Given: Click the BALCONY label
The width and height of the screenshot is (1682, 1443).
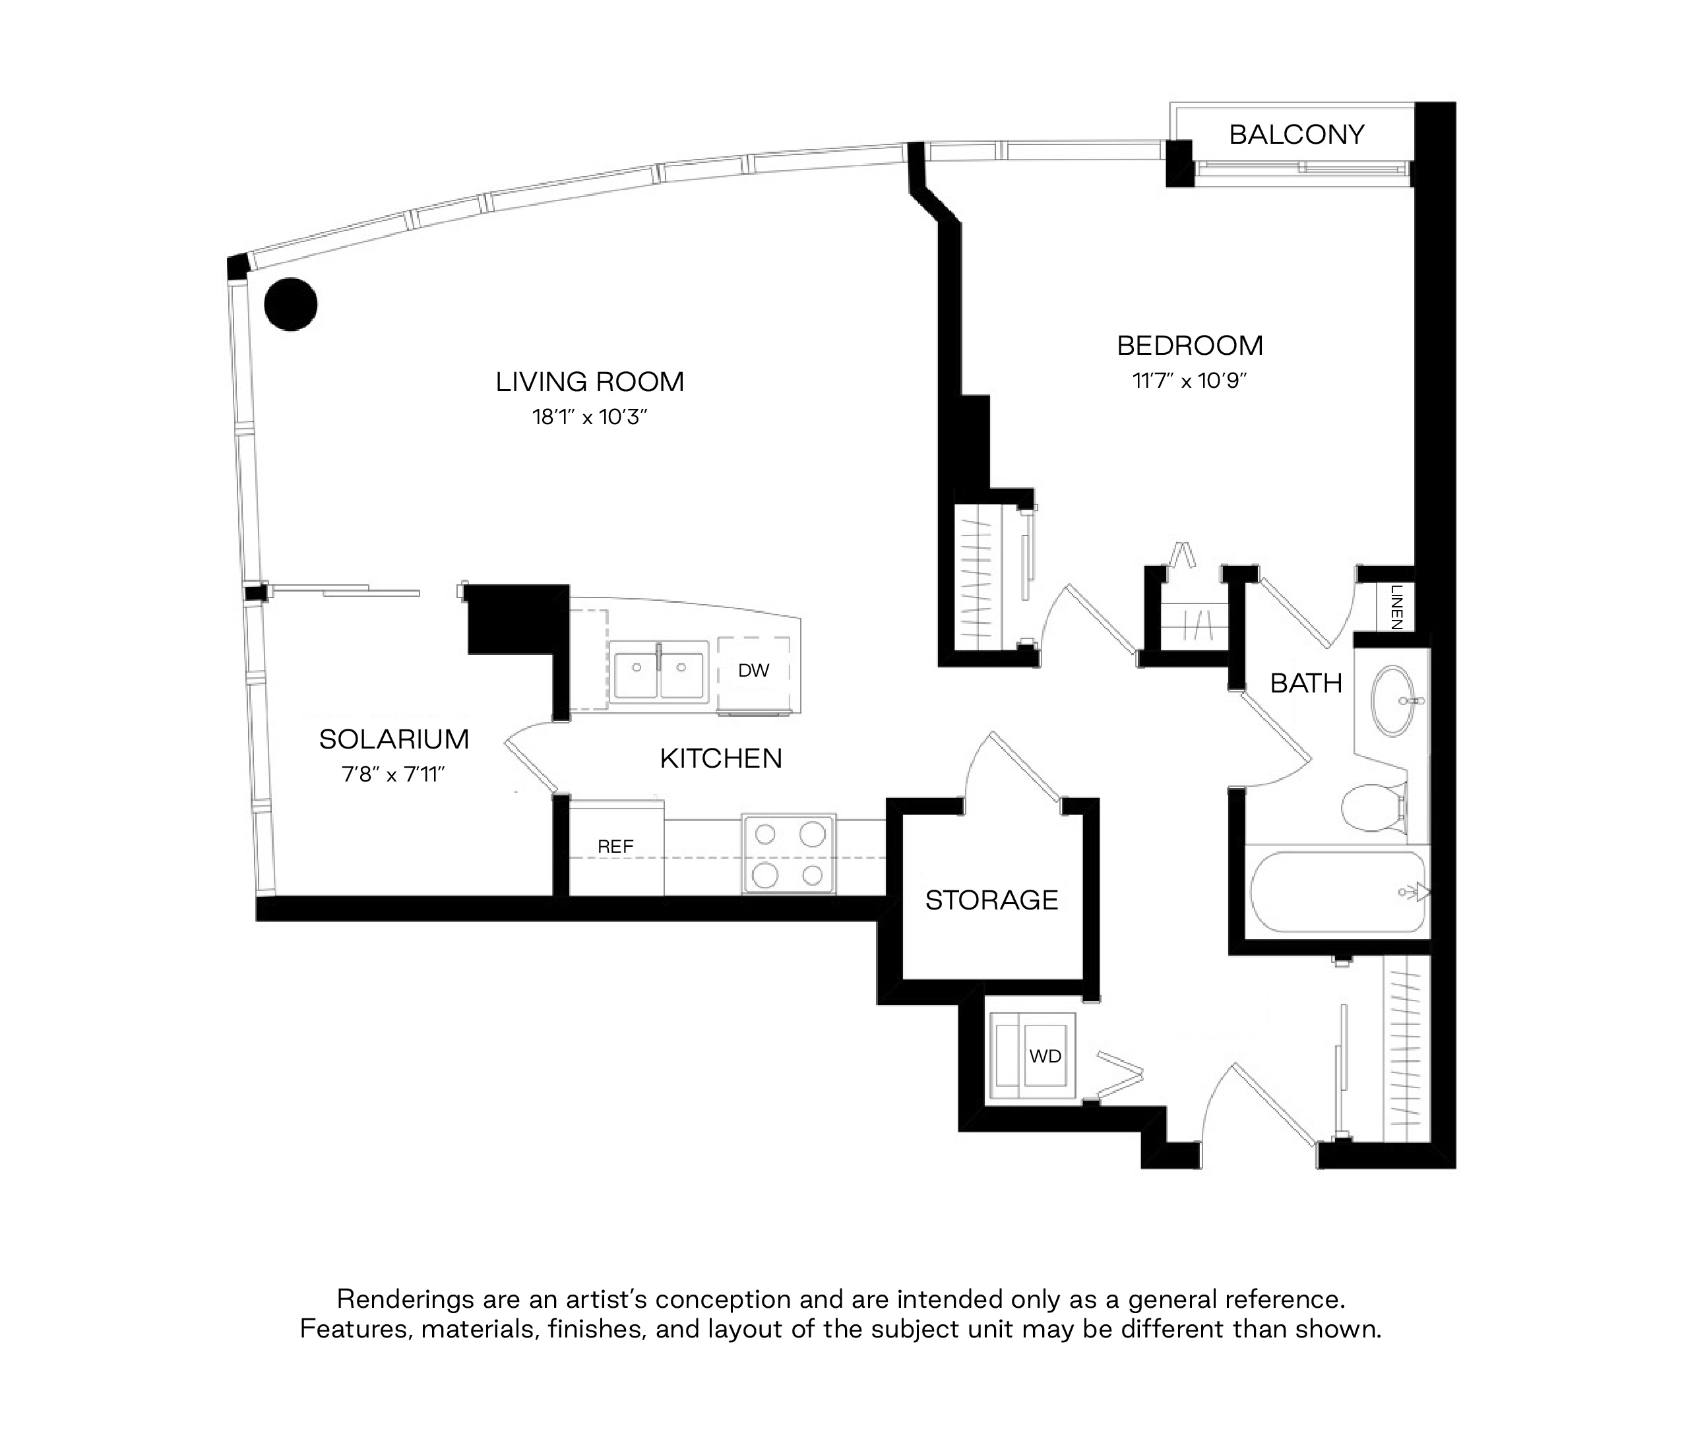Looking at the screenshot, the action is (x=1296, y=135).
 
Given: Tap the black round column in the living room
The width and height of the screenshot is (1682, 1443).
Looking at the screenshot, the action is (x=291, y=304).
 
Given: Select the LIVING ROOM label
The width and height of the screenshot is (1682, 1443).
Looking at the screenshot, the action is (x=590, y=381).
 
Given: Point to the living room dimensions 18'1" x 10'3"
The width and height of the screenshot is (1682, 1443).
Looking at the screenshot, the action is (x=590, y=417).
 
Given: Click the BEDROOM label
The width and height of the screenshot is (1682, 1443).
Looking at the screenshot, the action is (x=1190, y=346).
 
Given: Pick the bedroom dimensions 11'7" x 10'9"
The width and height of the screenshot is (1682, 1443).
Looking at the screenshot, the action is (x=1190, y=381).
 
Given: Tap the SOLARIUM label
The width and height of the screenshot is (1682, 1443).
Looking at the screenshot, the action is (x=394, y=739).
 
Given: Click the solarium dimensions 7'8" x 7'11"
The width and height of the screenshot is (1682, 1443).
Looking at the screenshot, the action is (x=394, y=774).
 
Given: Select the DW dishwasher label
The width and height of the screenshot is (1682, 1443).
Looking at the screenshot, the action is (x=753, y=670).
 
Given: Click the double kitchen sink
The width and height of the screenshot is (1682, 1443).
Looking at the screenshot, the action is (x=660, y=669).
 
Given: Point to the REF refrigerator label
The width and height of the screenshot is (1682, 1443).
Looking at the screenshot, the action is (x=615, y=847).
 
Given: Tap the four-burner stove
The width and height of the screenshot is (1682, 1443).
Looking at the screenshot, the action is (x=788, y=854).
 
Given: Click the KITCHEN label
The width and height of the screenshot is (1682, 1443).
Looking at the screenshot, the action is (x=721, y=759).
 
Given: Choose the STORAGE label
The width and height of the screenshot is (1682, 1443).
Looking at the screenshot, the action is (x=991, y=900).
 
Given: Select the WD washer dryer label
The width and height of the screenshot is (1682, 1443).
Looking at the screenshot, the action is (x=1045, y=1056).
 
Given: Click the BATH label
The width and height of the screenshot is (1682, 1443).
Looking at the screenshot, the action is (x=1306, y=683).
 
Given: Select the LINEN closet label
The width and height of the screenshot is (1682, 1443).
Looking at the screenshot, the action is (x=1396, y=608).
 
